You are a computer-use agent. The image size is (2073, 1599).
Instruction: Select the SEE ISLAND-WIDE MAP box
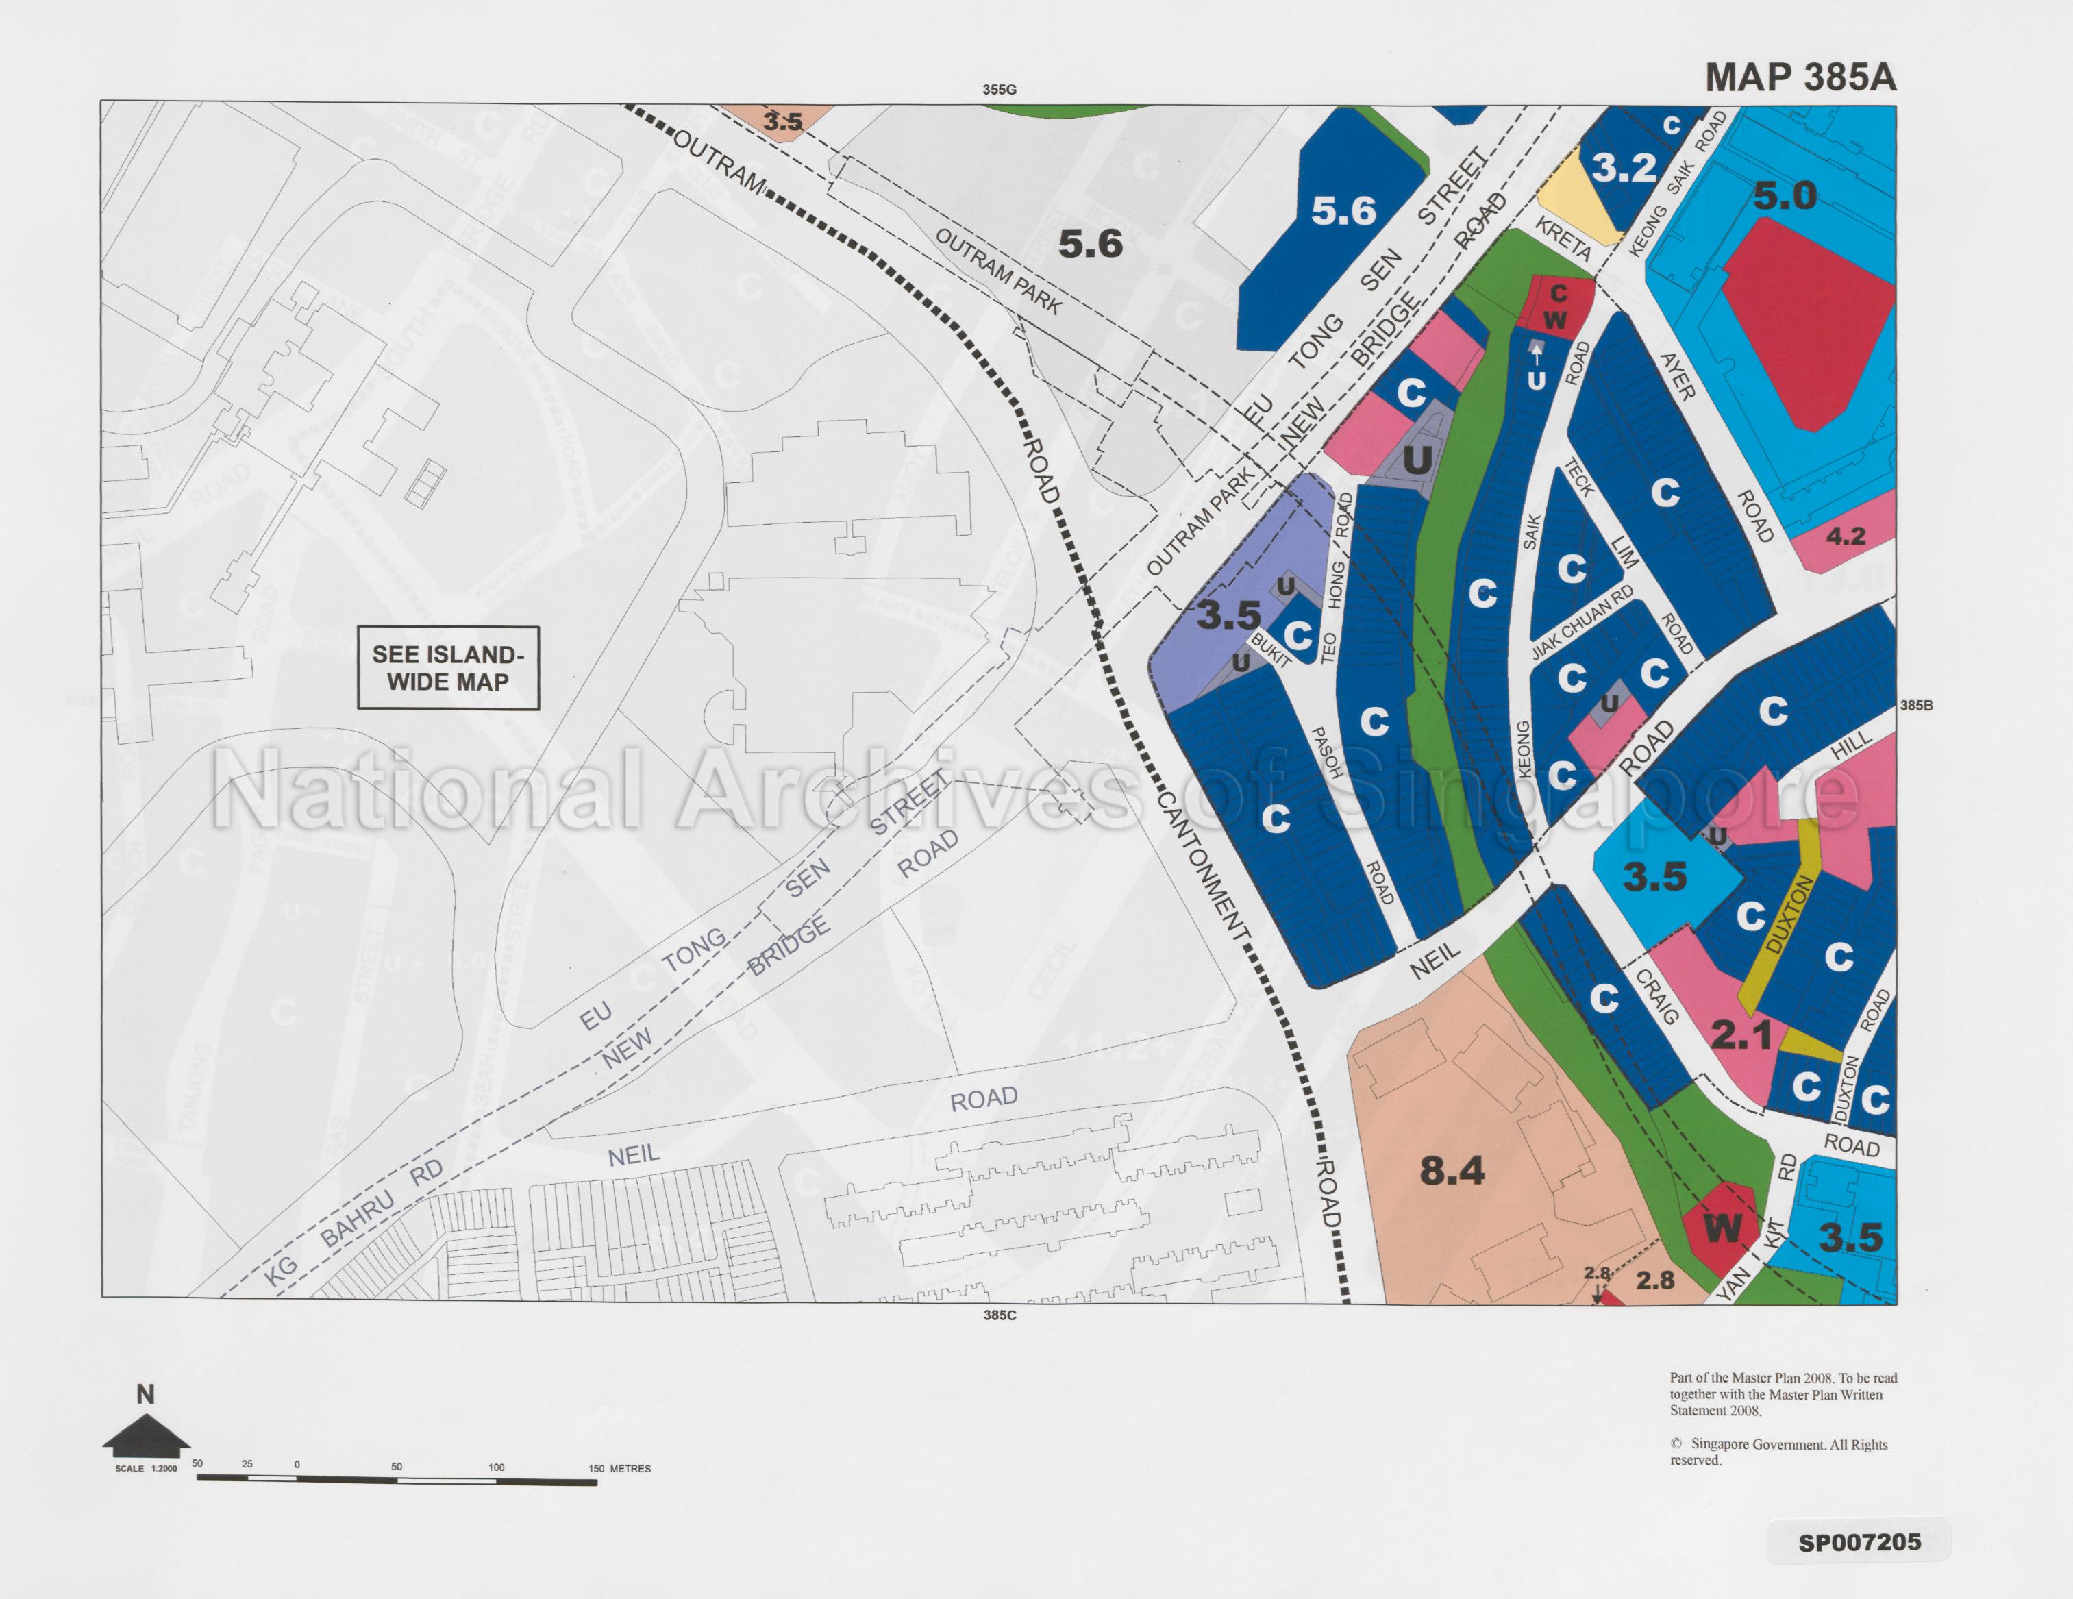[448, 668]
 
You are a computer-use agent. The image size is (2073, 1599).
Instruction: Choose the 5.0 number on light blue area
[1785, 197]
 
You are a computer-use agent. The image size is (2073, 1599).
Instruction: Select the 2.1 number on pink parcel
[1741, 1035]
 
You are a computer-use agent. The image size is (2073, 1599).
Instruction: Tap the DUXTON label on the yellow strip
[1790, 916]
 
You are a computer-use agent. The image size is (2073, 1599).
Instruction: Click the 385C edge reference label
[1000, 1315]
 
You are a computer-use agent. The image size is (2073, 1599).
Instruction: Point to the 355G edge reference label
[1000, 90]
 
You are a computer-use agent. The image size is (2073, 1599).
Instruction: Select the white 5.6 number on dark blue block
[1343, 211]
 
